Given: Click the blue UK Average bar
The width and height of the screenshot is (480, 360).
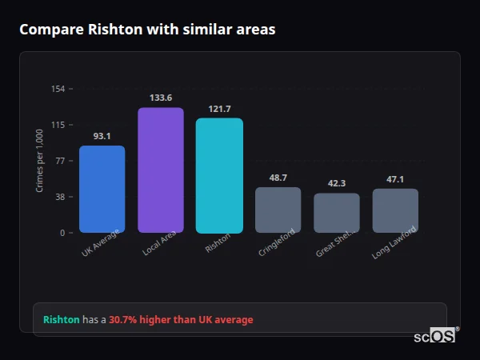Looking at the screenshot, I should click(x=102, y=190).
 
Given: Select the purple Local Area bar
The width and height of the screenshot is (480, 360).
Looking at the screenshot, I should click(x=161, y=170).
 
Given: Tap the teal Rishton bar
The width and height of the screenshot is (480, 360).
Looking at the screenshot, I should click(x=219, y=176).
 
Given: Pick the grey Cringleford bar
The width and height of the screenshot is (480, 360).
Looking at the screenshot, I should click(x=278, y=210).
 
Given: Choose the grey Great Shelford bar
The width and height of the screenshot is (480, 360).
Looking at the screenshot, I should click(x=337, y=213).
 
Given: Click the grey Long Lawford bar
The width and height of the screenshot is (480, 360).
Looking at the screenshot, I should click(x=395, y=211).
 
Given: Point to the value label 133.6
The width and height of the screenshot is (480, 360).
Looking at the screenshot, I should click(x=161, y=98).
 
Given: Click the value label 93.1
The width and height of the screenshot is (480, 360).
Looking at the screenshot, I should click(x=102, y=136).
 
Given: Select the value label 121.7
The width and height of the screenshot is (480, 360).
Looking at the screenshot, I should click(x=219, y=109).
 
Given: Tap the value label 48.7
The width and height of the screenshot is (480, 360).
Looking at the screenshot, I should click(x=278, y=178).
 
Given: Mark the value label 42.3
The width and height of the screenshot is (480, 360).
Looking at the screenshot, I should click(x=337, y=183).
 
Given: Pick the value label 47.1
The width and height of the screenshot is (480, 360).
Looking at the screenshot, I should click(x=395, y=179).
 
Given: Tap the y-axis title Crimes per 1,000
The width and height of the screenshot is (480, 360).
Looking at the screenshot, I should click(x=40, y=161).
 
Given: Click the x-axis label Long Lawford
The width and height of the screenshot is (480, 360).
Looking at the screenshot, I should click(x=394, y=245).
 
